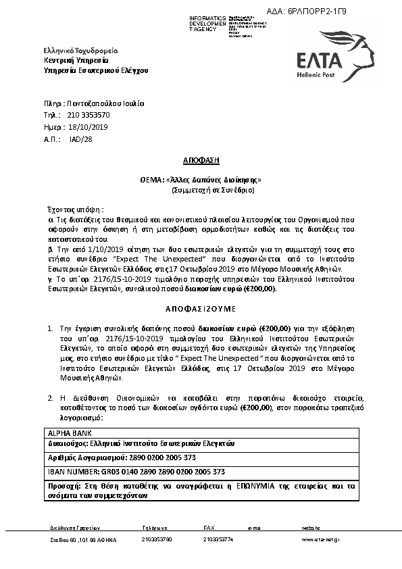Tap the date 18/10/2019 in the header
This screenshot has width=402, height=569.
(x=88, y=127)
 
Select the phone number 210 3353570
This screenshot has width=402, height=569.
(x=88, y=116)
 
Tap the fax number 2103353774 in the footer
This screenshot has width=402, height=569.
(x=218, y=540)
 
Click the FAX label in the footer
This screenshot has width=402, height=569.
(x=209, y=526)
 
